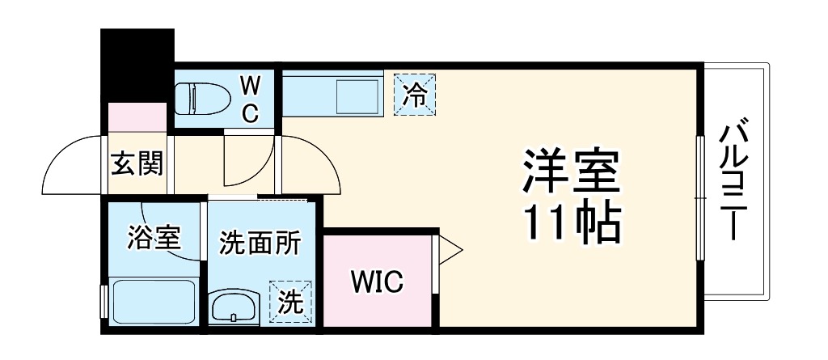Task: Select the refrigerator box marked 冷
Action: pyautogui.click(x=416, y=94)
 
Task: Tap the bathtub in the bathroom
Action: pyautogui.click(x=153, y=302)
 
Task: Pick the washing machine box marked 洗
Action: pyautogui.click(x=289, y=301)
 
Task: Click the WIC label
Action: pyautogui.click(x=377, y=282)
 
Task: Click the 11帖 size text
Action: pyautogui.click(x=573, y=222)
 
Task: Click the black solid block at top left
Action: pyautogui.click(x=137, y=65)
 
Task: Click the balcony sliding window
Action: pyautogui.click(x=701, y=197)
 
